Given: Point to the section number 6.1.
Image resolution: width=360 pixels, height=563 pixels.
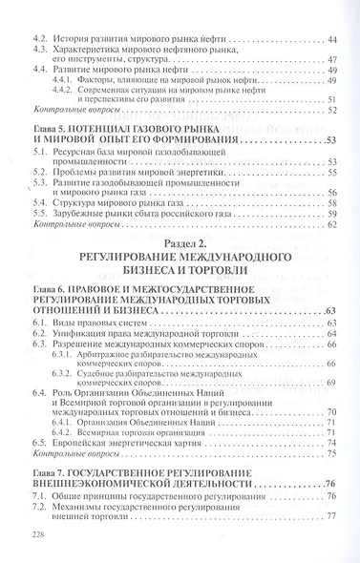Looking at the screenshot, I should coord(41,324).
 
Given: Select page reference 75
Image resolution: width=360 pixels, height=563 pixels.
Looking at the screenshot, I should coord(330,454).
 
